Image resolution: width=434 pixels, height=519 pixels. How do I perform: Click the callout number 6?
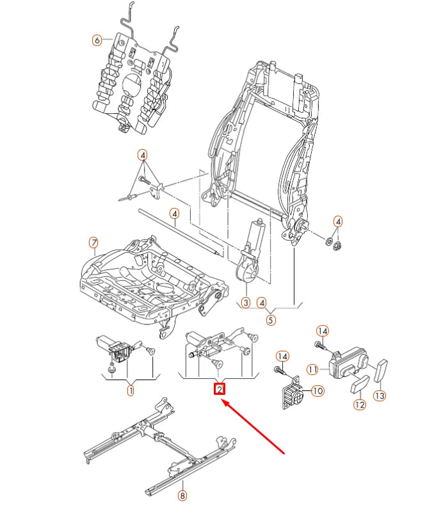(x=97, y=40)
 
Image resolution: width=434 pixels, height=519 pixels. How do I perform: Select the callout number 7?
(x=93, y=243)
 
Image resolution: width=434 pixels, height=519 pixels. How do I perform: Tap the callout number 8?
(x=182, y=495)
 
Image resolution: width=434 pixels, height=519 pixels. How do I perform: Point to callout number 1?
(x=130, y=390)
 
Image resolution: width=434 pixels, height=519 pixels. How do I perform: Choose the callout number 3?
(x=245, y=302)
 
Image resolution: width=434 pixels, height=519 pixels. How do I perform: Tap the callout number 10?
(x=317, y=391)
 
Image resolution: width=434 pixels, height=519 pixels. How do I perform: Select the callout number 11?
(x=312, y=369)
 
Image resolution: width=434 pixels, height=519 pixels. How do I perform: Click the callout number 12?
(x=358, y=404)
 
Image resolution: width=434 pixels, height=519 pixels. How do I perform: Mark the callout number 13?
(x=380, y=396)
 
